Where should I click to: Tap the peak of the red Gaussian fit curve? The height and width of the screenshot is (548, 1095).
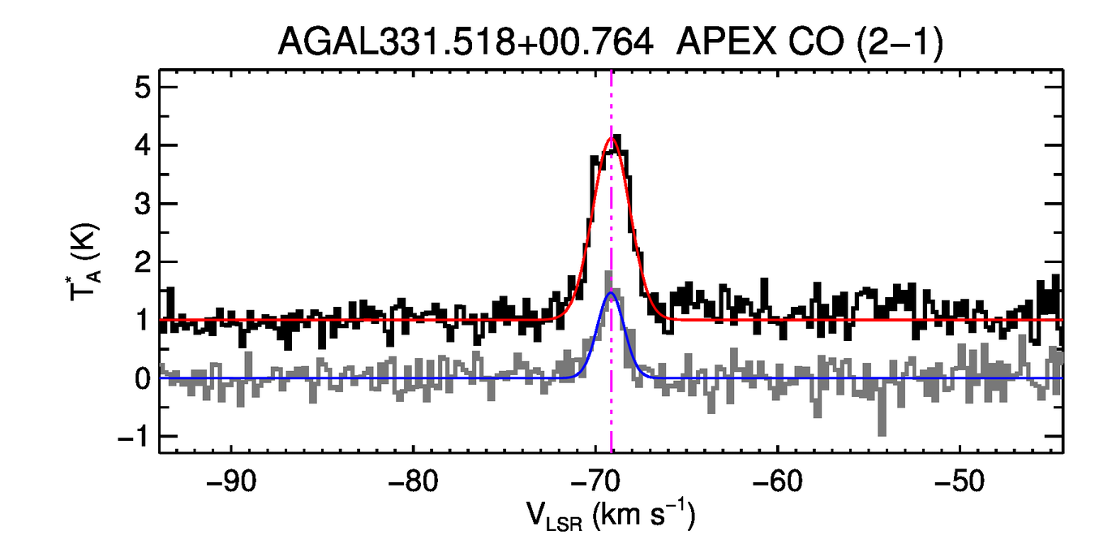tap(612, 137)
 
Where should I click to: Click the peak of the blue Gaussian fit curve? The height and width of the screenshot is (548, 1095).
tap(612, 293)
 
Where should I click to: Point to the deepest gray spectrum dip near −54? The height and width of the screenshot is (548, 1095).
tap(882, 432)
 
